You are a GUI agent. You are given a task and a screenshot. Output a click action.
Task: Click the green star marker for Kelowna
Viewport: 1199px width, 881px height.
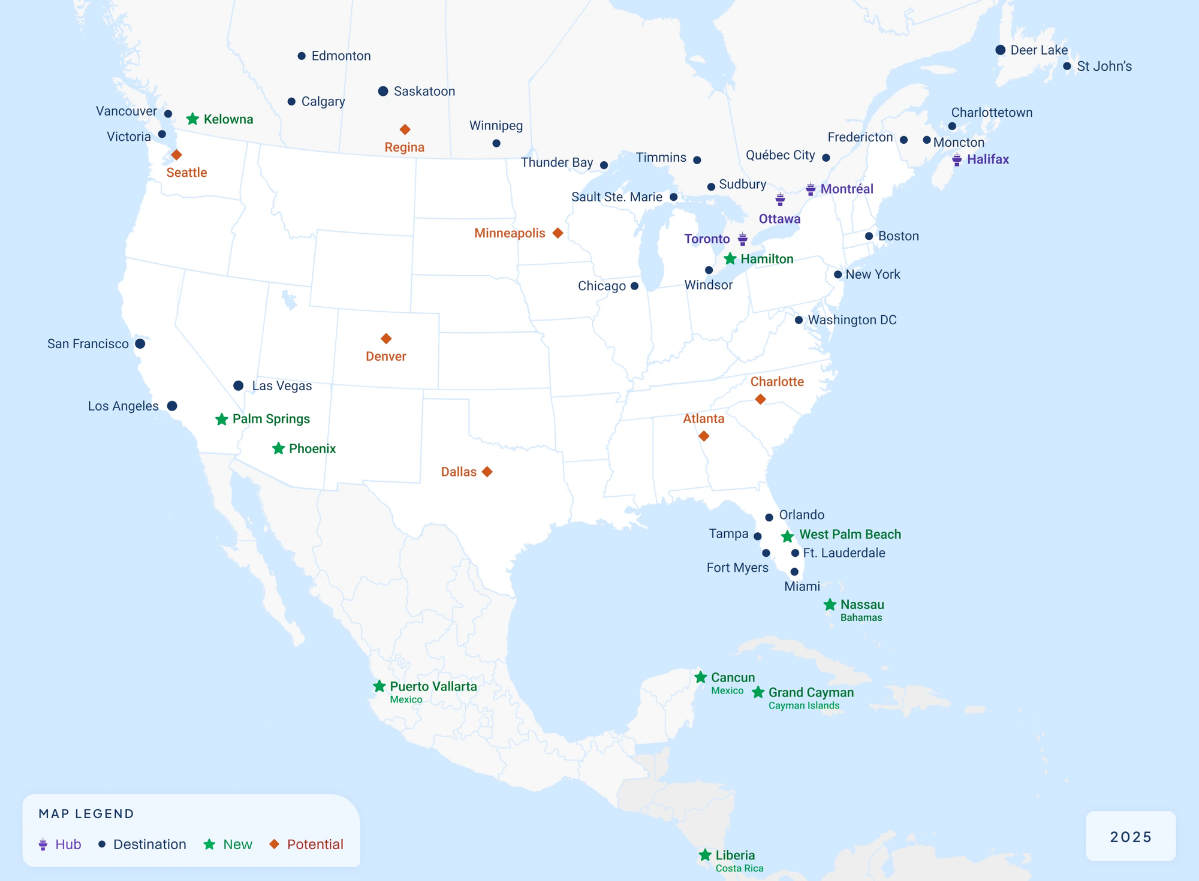tap(192, 119)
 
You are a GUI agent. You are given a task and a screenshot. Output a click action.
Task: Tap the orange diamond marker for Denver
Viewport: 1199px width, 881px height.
tap(386, 339)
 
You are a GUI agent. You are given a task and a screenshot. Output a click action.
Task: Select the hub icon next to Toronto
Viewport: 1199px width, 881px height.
tap(743, 239)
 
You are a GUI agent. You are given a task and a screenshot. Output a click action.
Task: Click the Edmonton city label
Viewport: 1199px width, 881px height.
tap(341, 56)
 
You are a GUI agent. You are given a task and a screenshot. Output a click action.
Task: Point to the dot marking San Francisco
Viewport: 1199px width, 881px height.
tap(140, 343)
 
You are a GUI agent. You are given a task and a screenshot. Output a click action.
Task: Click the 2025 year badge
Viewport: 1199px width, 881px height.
tap(1131, 837)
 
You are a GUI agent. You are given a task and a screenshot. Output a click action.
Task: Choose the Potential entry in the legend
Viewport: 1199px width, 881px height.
tap(315, 844)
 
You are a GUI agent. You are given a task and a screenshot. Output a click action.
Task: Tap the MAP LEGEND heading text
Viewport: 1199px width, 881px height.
tap(86, 813)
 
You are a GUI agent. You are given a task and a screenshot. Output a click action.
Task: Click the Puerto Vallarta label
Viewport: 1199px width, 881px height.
tap(433, 686)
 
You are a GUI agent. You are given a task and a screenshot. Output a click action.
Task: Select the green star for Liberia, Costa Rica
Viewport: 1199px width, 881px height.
tap(705, 855)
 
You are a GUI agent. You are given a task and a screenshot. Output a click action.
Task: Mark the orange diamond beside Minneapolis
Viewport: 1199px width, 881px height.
tap(558, 233)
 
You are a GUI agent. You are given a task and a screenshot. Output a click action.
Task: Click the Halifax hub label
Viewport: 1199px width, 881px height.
tap(987, 159)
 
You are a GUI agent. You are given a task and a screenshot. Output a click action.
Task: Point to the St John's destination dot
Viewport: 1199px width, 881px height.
tap(1067, 66)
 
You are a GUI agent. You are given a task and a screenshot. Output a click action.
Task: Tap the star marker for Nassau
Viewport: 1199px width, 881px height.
tap(830, 605)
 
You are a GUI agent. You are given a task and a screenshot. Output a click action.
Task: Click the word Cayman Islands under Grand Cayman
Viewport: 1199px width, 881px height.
tap(803, 705)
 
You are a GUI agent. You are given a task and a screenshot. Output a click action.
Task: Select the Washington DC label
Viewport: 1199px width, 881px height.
tap(852, 319)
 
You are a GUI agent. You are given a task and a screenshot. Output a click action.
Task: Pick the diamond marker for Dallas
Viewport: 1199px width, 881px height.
tap(487, 472)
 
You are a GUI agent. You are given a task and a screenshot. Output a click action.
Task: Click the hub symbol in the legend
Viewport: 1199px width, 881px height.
tap(43, 844)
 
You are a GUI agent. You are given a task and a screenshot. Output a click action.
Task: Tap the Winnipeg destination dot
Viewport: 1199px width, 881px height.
tap(496, 143)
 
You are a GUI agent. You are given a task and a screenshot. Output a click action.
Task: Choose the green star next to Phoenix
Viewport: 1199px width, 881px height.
tap(278, 448)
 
